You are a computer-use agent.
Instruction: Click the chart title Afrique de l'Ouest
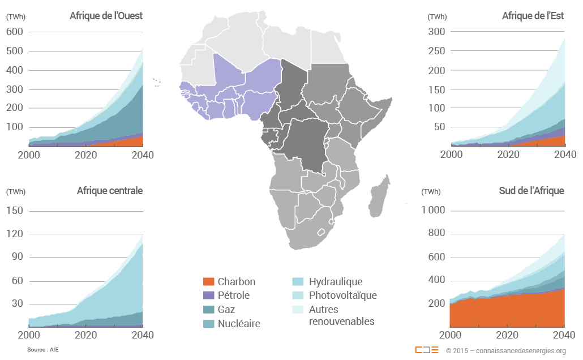(106, 16)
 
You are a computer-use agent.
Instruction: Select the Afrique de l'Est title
(533, 16)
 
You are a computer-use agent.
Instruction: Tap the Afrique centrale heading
(109, 191)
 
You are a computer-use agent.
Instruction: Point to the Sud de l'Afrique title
(531, 191)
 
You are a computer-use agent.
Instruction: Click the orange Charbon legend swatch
(208, 282)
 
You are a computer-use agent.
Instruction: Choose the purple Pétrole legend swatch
(208, 295)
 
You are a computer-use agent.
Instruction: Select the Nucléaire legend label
(239, 324)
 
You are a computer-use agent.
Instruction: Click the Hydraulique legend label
(336, 282)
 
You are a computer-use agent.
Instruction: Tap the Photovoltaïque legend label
(342, 295)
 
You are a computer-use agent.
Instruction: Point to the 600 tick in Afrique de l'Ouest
(14, 32)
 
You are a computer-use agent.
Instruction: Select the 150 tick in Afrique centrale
(14, 211)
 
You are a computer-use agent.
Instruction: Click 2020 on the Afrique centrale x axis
(85, 335)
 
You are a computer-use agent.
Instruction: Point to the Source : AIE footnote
(42, 350)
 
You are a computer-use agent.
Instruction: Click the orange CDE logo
(426, 350)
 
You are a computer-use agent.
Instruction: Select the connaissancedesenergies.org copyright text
(505, 350)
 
